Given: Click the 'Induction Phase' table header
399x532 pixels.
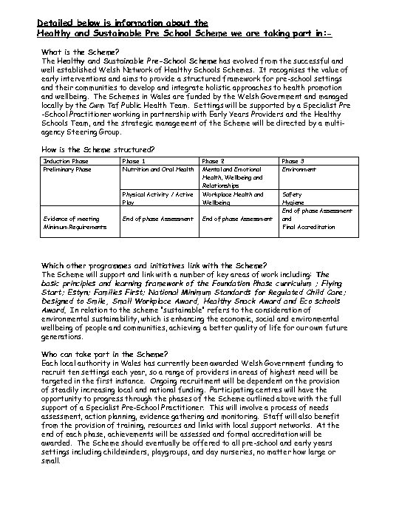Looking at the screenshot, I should point(66,160).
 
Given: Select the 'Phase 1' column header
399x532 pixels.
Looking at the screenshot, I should point(133,160).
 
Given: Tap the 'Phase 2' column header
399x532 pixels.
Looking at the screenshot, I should point(214,160).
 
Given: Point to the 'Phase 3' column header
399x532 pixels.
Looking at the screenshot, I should point(294,160).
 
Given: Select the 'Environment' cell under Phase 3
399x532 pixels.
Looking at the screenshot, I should point(299,169).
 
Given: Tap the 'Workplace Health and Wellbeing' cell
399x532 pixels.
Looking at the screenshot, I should point(232,198).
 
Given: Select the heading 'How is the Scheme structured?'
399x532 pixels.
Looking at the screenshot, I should point(98,149).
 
